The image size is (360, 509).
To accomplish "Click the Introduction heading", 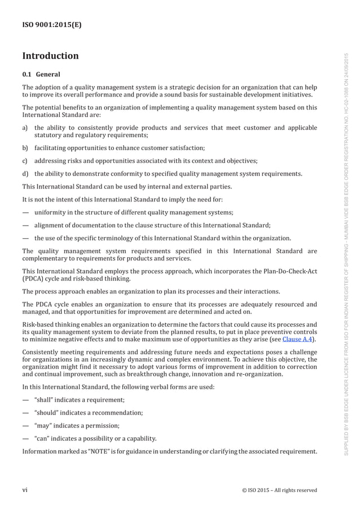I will (x=50, y=56).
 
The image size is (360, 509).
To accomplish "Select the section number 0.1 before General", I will (x=27, y=74).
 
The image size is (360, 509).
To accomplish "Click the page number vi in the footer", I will (x=25, y=490).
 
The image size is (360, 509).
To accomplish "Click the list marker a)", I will (x=25, y=128).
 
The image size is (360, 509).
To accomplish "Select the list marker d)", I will (x=25, y=173).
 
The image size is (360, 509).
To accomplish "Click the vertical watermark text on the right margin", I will (x=348, y=254).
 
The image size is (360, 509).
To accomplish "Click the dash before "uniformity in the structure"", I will (x=25, y=212).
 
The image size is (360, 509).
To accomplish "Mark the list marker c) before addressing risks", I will (x=25, y=160).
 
